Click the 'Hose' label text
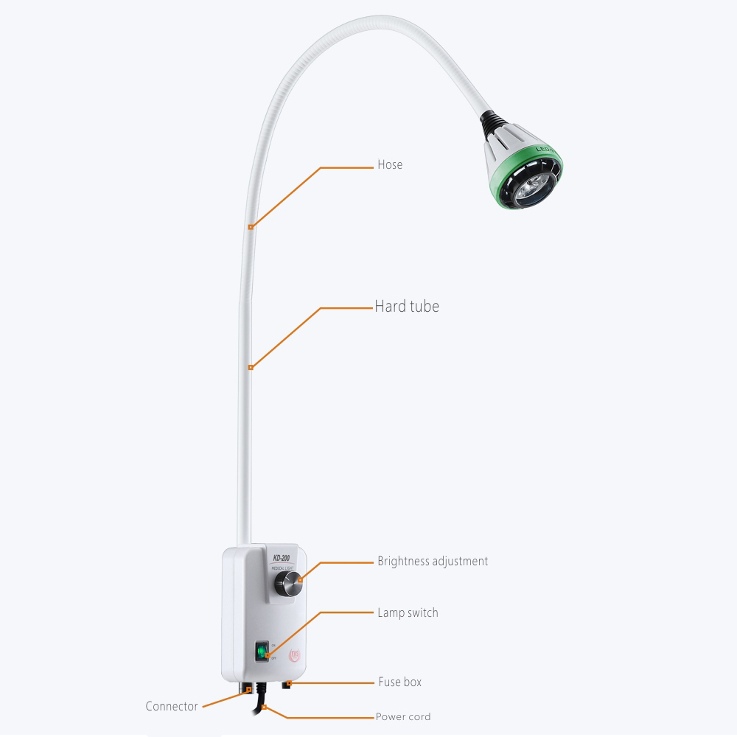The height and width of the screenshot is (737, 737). click(390, 164)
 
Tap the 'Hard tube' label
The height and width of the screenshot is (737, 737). click(407, 306)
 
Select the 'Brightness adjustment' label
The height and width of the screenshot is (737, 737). click(433, 562)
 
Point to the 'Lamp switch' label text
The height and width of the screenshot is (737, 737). click(408, 612)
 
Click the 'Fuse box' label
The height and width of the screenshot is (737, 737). click(399, 682)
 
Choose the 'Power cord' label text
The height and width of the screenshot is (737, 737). click(403, 716)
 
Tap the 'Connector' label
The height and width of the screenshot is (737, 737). click(172, 706)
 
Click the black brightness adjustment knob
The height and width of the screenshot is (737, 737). click(287, 587)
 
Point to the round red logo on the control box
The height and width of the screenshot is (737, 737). click(296, 654)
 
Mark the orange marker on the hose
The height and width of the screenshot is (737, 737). click(251, 227)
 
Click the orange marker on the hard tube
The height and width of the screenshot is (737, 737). click(251, 366)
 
